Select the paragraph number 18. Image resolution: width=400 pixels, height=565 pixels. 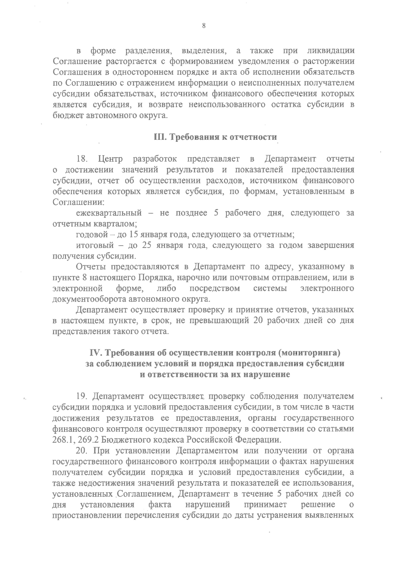82,158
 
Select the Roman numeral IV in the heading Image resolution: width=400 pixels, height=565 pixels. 96,353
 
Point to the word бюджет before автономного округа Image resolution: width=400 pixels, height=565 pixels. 68,116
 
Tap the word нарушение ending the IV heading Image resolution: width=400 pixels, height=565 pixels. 267,374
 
